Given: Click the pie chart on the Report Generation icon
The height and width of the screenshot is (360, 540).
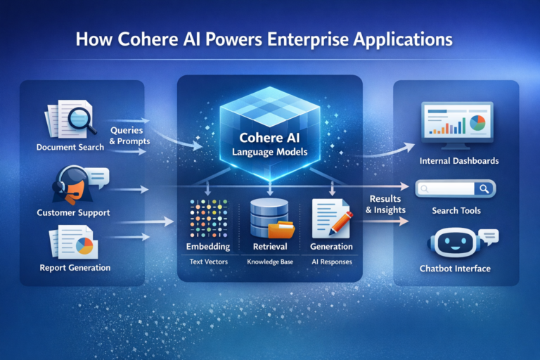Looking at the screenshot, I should pos(86,246).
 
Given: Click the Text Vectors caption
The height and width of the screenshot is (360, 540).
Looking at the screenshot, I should pos(208,262).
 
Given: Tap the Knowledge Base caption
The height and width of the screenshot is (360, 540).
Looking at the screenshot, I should pos(269,262).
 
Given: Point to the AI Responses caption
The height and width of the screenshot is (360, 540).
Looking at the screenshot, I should pos(331,262).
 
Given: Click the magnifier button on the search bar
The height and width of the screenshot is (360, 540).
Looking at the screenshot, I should pos(484,188).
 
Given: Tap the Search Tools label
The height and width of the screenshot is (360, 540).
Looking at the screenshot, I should pos(456,211).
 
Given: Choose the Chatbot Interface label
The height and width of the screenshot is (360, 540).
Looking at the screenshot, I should pos(455,269).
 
